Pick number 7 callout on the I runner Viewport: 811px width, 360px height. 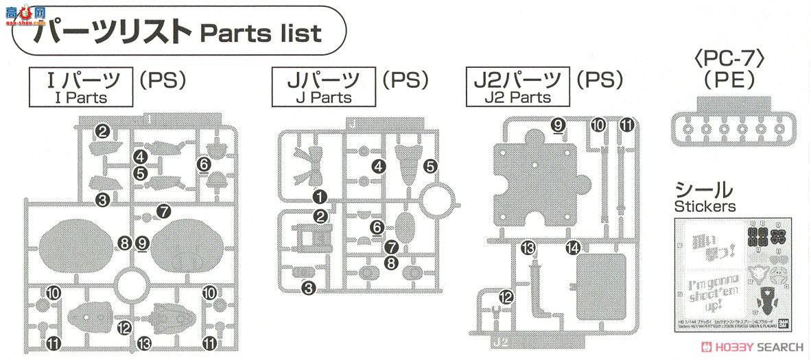tap(163, 211)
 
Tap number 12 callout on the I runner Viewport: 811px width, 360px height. tap(124, 328)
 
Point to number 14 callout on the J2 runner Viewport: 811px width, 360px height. tap(573, 247)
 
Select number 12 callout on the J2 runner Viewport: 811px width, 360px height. tap(506, 297)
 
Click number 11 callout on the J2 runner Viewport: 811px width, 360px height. tap(626, 124)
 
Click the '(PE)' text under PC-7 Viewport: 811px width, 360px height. tap(728, 80)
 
